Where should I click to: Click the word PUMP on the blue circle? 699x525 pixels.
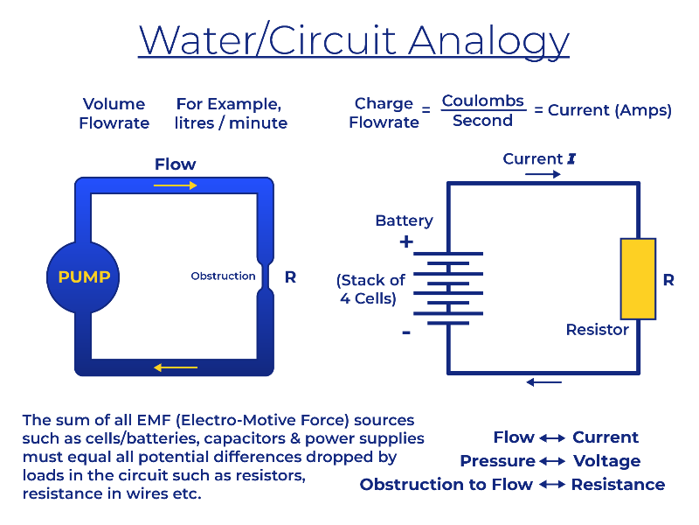pyautogui.click(x=84, y=277)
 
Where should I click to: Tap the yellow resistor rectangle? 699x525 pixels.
pyautogui.click(x=639, y=279)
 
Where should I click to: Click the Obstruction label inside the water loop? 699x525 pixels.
pyautogui.click(x=223, y=276)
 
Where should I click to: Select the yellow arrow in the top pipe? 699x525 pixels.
pyautogui.click(x=176, y=185)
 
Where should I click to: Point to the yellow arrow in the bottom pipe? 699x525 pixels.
pyautogui.click(x=176, y=367)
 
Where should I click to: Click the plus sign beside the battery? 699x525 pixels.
pyautogui.click(x=406, y=242)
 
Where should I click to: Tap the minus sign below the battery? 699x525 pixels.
pyautogui.click(x=406, y=332)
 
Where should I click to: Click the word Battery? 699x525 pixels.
pyautogui.click(x=404, y=221)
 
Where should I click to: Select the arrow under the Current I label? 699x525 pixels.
pyautogui.click(x=543, y=174)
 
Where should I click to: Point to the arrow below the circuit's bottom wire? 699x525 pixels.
pyautogui.click(x=543, y=382)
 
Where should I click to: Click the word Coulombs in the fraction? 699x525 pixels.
pyautogui.click(x=483, y=101)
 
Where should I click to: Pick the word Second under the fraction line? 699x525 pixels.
pyautogui.click(x=482, y=121)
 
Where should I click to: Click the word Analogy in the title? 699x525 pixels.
pyautogui.click(x=488, y=41)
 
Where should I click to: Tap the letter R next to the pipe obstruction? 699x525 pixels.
pyautogui.click(x=290, y=277)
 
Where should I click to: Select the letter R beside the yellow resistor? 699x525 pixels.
pyautogui.click(x=668, y=280)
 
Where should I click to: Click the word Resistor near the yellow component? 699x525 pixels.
pyautogui.click(x=598, y=330)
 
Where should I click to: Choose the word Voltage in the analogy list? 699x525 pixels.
pyautogui.click(x=606, y=461)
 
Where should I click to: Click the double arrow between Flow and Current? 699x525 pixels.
pyautogui.click(x=552, y=438)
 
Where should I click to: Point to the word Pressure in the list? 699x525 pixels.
pyautogui.click(x=497, y=461)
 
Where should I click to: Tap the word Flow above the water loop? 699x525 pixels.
pyautogui.click(x=176, y=164)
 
